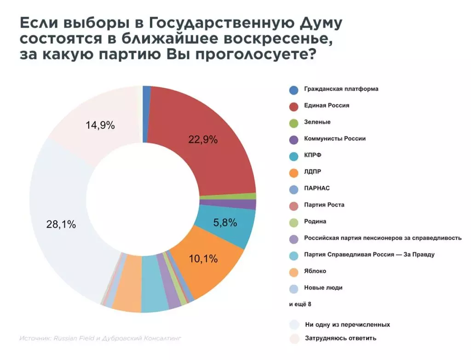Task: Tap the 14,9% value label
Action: coord(100,125)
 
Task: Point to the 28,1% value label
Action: coord(61,225)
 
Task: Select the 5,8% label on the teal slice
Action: coord(225,223)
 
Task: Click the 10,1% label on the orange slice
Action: coord(203,259)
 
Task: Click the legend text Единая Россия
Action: coord(327,106)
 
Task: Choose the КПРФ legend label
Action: coord(313,155)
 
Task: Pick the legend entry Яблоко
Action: coord(315,271)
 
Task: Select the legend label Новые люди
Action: coord(323,288)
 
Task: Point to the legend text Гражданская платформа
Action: coord(341,89)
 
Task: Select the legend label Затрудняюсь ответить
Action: coord(340,338)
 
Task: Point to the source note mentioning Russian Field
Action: coord(101,338)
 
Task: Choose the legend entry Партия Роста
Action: coord(324,205)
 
